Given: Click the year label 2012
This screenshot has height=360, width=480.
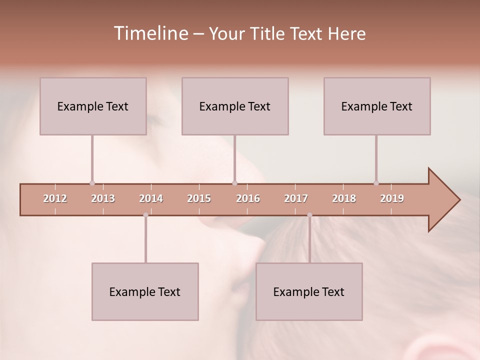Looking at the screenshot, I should coord(55,198).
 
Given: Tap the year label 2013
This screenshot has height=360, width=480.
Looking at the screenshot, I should coord(103,198).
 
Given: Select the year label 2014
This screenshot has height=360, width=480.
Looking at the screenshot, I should coord(151,198).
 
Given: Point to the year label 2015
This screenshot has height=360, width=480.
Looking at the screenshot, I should coord(199,198).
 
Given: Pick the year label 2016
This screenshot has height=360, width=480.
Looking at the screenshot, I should coord(248,198).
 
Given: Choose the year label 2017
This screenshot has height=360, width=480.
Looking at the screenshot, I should coord(296,198).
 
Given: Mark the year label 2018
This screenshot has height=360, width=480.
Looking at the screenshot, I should coord(344,198).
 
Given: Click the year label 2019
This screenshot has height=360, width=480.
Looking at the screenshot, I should coord(392,198).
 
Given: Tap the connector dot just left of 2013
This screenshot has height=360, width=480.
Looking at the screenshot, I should coord(92,183).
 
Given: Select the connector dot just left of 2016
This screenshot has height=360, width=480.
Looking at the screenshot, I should coord(234,183).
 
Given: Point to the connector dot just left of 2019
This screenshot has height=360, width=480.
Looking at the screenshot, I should coord(376,183).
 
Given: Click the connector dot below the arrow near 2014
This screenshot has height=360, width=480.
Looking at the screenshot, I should coord(145,215).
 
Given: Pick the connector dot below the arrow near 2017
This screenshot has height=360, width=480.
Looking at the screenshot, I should coord(309,215).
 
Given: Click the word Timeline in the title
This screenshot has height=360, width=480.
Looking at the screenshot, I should coord(150,33).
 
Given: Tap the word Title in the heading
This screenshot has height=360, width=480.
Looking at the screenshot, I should coord(269,33).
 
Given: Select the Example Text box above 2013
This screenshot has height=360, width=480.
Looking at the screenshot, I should coord(93,106).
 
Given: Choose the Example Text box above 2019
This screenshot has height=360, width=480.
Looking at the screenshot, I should coord(377,106).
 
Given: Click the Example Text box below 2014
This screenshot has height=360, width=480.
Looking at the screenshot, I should coord(145,291).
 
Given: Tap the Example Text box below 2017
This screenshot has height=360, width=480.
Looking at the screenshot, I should coord(309,291).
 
